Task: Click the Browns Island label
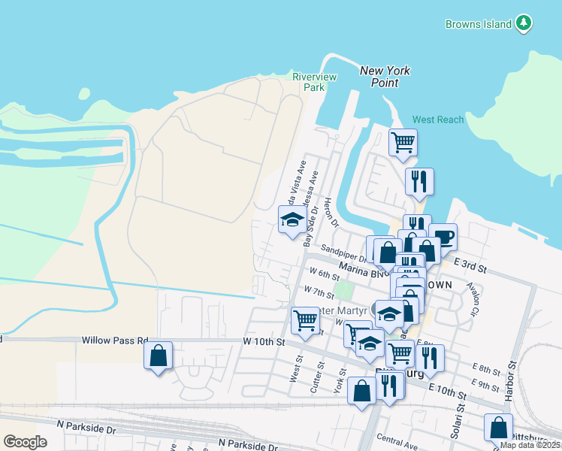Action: coord(478,24)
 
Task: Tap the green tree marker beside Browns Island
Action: coord(524,23)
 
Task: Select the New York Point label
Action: coord(385,77)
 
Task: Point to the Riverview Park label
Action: coord(314,82)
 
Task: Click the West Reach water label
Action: coord(438,120)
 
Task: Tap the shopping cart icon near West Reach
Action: coord(403,141)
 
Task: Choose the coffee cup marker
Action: coord(443,236)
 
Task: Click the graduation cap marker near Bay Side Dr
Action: coord(292,219)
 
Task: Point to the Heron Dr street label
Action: coord(331,213)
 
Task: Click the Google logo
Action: coord(26,442)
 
